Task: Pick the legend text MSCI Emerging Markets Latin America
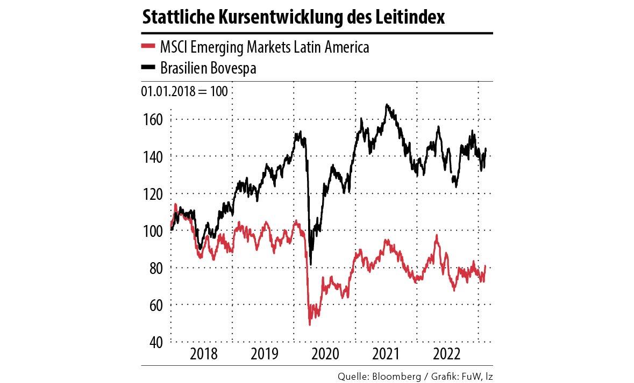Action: (x=265, y=47)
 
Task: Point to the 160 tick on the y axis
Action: (x=153, y=119)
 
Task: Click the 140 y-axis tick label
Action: (x=153, y=156)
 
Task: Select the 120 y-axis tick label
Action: (x=153, y=193)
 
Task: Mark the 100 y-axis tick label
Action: (x=153, y=231)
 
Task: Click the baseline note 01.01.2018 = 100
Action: (x=184, y=91)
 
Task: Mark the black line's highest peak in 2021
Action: (x=387, y=105)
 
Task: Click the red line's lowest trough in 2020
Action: (x=310, y=324)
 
